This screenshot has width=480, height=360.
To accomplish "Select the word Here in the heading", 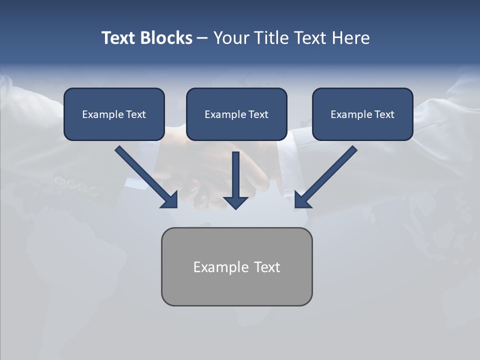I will click(x=351, y=38).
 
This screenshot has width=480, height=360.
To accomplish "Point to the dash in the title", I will click(x=202, y=38).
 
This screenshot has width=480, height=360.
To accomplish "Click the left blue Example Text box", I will click(x=114, y=114).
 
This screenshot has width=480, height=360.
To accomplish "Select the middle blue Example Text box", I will click(x=236, y=114).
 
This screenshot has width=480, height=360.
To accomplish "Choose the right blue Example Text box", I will click(x=362, y=114).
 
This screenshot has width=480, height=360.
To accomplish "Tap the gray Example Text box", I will click(x=236, y=266).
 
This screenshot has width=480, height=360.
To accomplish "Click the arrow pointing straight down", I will click(x=235, y=177).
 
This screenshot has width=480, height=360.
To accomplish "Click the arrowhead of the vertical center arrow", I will click(x=235, y=202).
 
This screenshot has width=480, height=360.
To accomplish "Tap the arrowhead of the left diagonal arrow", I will click(x=170, y=200).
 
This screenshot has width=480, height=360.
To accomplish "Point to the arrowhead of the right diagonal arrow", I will click(x=302, y=200).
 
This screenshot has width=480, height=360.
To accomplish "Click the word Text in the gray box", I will click(x=267, y=267).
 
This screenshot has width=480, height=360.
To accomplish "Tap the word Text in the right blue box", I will click(x=384, y=114).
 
